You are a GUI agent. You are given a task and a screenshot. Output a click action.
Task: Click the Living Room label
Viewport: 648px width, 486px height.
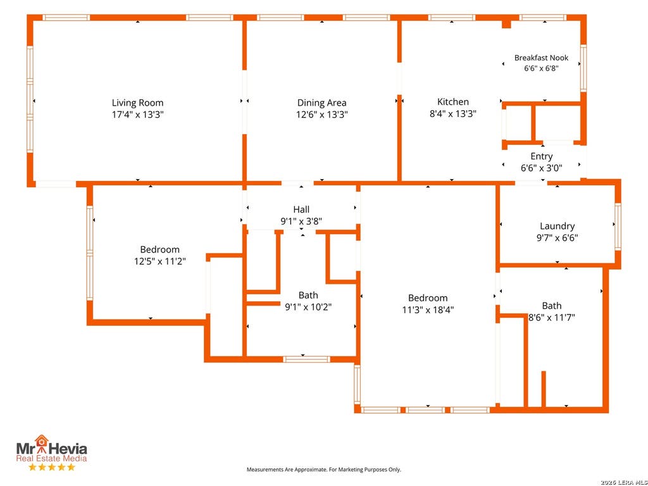click(x=137, y=103)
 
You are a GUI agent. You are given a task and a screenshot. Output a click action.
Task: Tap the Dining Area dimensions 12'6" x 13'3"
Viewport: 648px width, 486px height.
click(x=322, y=115)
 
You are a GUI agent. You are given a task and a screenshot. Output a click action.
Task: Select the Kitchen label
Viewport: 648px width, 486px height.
click(x=453, y=102)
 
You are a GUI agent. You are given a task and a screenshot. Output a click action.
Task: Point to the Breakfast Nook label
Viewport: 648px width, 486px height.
click(x=542, y=58)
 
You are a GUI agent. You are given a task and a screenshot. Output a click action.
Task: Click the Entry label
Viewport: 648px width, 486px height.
click(x=542, y=156)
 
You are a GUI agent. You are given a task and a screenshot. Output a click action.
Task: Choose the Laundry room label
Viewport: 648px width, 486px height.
click(x=557, y=226)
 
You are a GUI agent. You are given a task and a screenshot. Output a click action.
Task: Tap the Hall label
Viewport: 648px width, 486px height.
click(x=301, y=209)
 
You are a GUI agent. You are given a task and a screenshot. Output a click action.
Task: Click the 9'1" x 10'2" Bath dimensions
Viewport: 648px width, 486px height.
click(x=308, y=307)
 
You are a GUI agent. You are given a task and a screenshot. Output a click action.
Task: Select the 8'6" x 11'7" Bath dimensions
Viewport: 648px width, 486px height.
click(x=552, y=318)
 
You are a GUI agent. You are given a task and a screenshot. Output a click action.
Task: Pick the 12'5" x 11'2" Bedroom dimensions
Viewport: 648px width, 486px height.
click(x=160, y=261)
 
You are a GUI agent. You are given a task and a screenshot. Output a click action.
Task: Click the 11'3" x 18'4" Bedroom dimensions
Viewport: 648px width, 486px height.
click(x=428, y=309)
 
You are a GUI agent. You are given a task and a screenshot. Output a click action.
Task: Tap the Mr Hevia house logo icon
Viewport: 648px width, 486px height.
click(x=41, y=441)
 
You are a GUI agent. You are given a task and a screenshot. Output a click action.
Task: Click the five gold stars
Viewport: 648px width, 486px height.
click(x=52, y=467)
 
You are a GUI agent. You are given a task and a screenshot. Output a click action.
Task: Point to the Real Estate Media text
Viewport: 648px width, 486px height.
click(x=52, y=458)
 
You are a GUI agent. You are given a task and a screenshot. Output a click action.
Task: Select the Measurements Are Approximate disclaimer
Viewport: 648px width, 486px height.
click(x=323, y=470)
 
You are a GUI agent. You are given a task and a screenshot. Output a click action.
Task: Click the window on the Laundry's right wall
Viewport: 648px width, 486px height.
click(x=618, y=227)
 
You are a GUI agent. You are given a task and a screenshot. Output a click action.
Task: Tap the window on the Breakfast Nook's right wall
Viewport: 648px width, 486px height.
click(x=583, y=68)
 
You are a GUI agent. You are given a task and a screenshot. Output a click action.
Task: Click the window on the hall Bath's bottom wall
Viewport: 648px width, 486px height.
click(x=307, y=359)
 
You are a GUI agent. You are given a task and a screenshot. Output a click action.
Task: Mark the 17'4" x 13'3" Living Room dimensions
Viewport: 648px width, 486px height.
click(x=137, y=115)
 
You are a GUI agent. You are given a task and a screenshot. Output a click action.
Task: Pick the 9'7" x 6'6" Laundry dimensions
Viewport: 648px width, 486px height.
click(x=557, y=238)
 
